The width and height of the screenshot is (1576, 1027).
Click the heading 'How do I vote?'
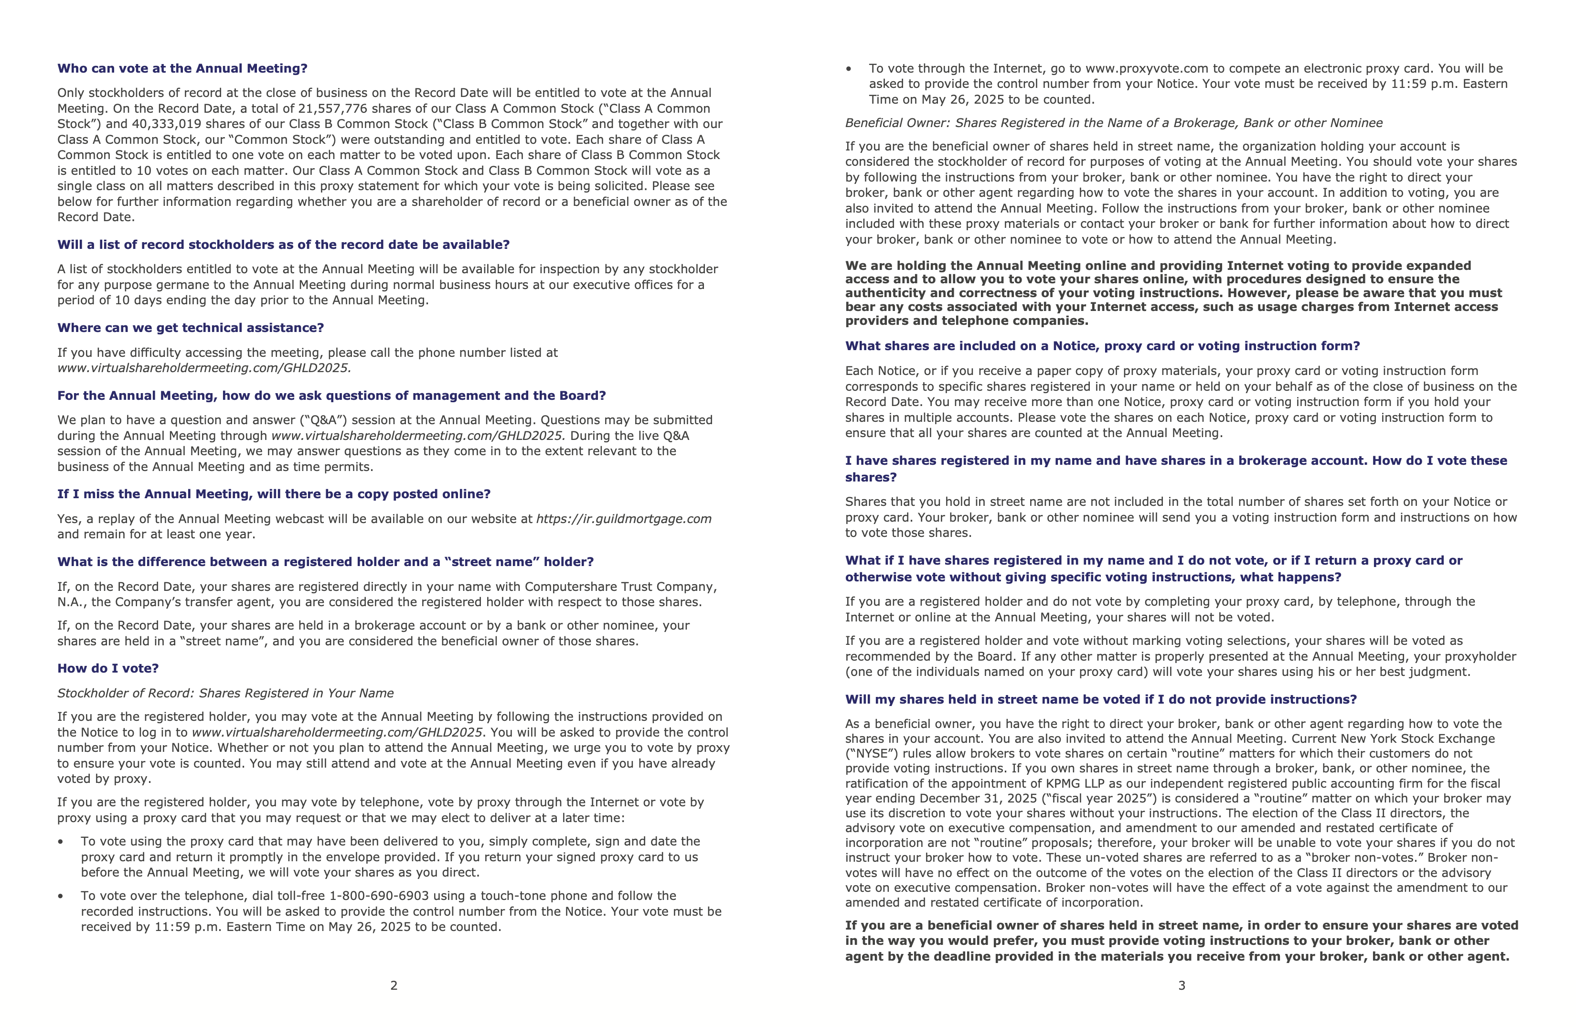click(x=108, y=668)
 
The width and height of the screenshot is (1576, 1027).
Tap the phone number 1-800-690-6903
click(x=379, y=896)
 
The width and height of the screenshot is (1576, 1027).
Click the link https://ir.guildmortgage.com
click(x=623, y=518)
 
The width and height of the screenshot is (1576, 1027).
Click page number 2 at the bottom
click(x=394, y=985)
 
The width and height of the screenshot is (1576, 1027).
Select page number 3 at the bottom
click(x=1182, y=985)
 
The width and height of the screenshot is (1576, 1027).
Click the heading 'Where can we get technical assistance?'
click(x=191, y=328)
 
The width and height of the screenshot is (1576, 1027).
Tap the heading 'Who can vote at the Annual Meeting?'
click(x=182, y=68)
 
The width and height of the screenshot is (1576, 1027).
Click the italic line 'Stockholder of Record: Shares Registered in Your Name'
click(x=225, y=693)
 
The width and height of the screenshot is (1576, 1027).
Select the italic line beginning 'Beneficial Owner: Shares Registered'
click(x=1114, y=123)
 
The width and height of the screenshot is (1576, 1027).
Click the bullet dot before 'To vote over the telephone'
click(x=61, y=897)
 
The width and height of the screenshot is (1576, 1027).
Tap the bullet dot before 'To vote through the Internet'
click(x=849, y=69)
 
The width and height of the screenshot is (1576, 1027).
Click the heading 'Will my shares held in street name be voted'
click(x=1100, y=699)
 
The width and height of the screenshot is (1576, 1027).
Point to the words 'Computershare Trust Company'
click(x=620, y=587)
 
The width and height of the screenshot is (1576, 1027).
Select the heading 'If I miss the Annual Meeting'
click(x=274, y=494)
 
